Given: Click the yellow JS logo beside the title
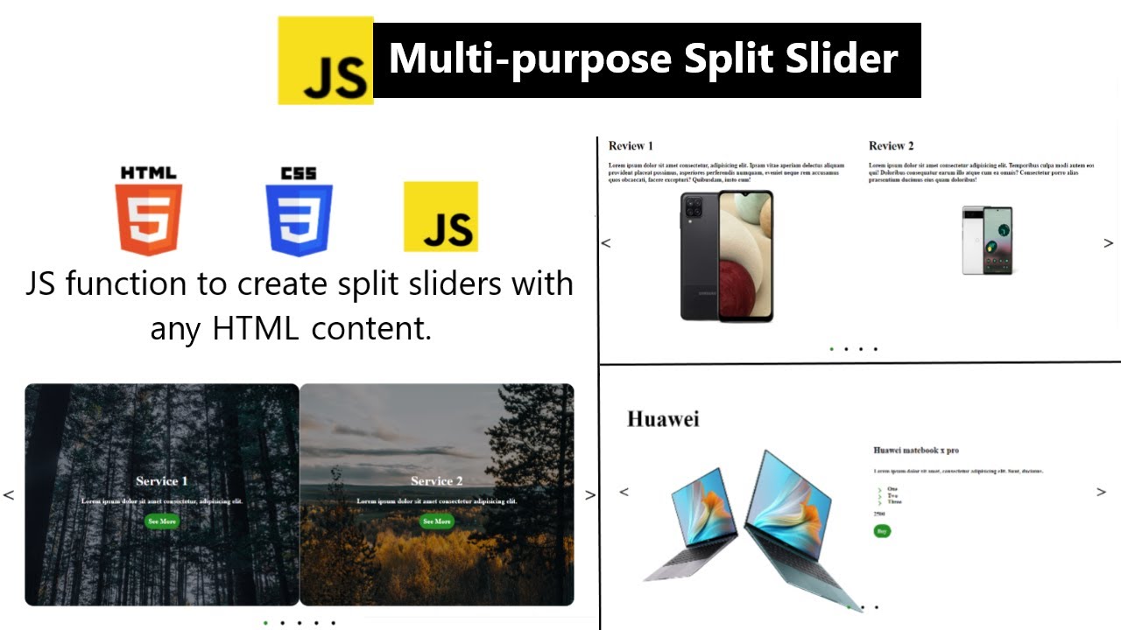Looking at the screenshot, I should click(x=326, y=61).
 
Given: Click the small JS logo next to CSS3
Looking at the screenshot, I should click(x=441, y=217).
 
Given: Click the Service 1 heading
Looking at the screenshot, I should click(x=162, y=481).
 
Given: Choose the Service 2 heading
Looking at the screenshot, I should click(x=437, y=481).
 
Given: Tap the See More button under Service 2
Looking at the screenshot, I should click(x=436, y=521).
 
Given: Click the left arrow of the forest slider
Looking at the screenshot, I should click(x=9, y=495).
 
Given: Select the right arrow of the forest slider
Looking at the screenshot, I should click(x=590, y=495).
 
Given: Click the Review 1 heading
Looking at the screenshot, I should click(x=631, y=146).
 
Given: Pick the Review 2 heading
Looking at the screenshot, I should click(x=891, y=146).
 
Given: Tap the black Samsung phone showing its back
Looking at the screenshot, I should click(x=701, y=256).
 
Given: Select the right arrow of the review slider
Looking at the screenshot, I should click(x=1108, y=243).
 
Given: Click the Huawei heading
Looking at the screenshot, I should click(x=663, y=420).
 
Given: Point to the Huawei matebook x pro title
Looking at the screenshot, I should click(x=916, y=451).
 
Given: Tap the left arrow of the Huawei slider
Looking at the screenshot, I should click(x=624, y=492).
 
